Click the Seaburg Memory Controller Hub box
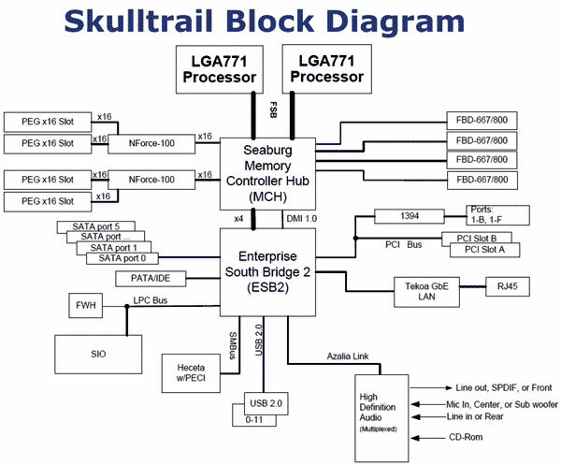click(267, 174)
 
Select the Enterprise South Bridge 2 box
click(267, 272)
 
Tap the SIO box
click(98, 355)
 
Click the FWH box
click(85, 305)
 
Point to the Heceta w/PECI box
click(191, 373)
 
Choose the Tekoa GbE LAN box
click(426, 292)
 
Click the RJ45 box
click(508, 286)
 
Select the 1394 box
click(410, 216)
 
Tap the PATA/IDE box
click(151, 279)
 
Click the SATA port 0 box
click(122, 258)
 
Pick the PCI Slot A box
click(484, 250)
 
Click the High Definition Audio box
click(381, 418)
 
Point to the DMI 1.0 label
click(302, 219)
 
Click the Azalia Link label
click(348, 356)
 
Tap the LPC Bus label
click(151, 300)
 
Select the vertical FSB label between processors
click(273, 109)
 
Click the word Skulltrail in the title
click(138, 22)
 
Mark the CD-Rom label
click(466, 437)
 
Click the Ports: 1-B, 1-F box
click(497, 215)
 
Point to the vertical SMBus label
click(233, 345)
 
